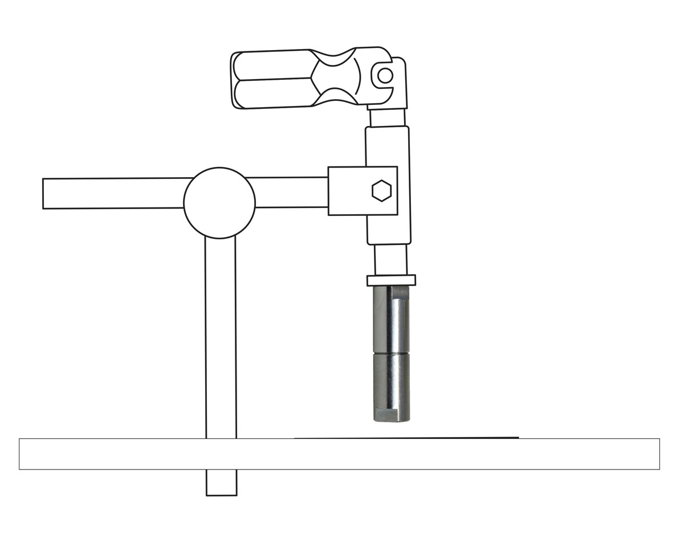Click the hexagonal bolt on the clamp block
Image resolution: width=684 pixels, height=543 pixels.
pos(381,191)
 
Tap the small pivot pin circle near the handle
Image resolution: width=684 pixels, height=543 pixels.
pos(385,75)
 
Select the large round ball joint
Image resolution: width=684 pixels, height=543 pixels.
pos(219,203)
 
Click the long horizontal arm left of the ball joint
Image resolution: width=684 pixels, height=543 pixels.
pos(114,193)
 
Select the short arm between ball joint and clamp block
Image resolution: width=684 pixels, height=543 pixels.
pos(291,192)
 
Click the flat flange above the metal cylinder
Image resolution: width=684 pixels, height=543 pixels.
pos(391,280)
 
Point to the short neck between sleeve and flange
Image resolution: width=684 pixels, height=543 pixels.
pos(391,260)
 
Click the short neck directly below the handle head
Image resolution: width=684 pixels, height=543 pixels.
pos(388,118)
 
